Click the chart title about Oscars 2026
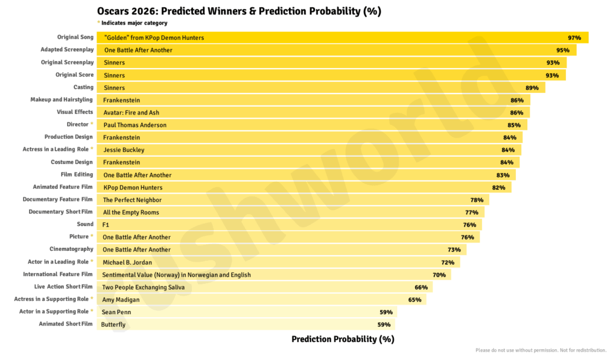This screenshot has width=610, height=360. click(x=239, y=11)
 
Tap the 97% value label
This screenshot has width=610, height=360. click(x=574, y=38)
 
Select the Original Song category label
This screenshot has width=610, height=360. click(x=75, y=37)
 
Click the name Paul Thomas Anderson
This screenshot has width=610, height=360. click(x=135, y=125)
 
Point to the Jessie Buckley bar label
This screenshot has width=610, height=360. click(x=123, y=150)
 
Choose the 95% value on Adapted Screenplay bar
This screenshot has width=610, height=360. click(x=562, y=50)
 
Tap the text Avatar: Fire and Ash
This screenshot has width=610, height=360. click(x=131, y=113)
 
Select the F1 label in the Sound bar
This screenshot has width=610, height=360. click(x=106, y=225)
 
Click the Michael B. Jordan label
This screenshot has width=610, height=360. click(x=127, y=262)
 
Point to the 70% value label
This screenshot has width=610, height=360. click(x=439, y=275)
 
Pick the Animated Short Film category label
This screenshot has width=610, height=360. click(x=66, y=324)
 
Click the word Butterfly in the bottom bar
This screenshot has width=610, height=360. click(x=113, y=325)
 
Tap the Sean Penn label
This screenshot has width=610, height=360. click(x=116, y=312)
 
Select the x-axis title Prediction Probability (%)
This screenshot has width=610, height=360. click(x=343, y=339)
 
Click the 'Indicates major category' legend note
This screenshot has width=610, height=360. click(x=134, y=23)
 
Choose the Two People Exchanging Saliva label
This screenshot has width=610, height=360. click(x=144, y=287)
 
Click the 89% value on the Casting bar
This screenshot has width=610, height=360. click(x=532, y=88)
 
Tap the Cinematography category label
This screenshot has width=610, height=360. click(x=71, y=249)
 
